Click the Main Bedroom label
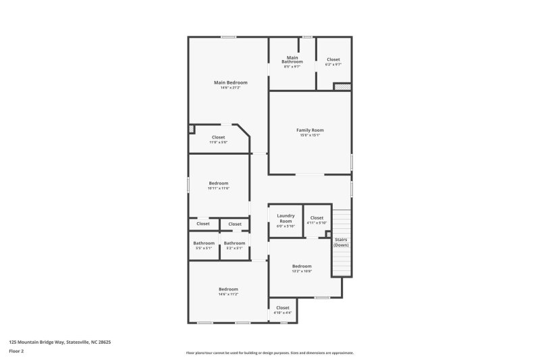tap(230, 82)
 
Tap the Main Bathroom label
tap(292, 60)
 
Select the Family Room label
tap(310, 130)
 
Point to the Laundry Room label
tap(286, 218)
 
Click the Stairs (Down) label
tap(342, 241)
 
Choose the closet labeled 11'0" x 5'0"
tap(218, 139)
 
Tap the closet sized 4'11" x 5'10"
tap(317, 220)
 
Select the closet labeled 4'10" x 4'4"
tap(283, 310)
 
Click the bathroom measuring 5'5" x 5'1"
tap(203, 245)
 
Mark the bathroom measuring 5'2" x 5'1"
tap(234, 245)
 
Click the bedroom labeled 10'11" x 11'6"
tap(218, 185)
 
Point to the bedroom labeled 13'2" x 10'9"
tap(302, 268)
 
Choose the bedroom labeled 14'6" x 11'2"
tap(228, 291)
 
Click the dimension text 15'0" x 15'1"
tap(310, 135)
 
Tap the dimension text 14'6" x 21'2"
tap(230, 88)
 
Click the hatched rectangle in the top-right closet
tap(342, 86)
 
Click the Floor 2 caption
tap(16, 351)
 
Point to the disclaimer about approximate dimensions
tap(270, 353)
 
